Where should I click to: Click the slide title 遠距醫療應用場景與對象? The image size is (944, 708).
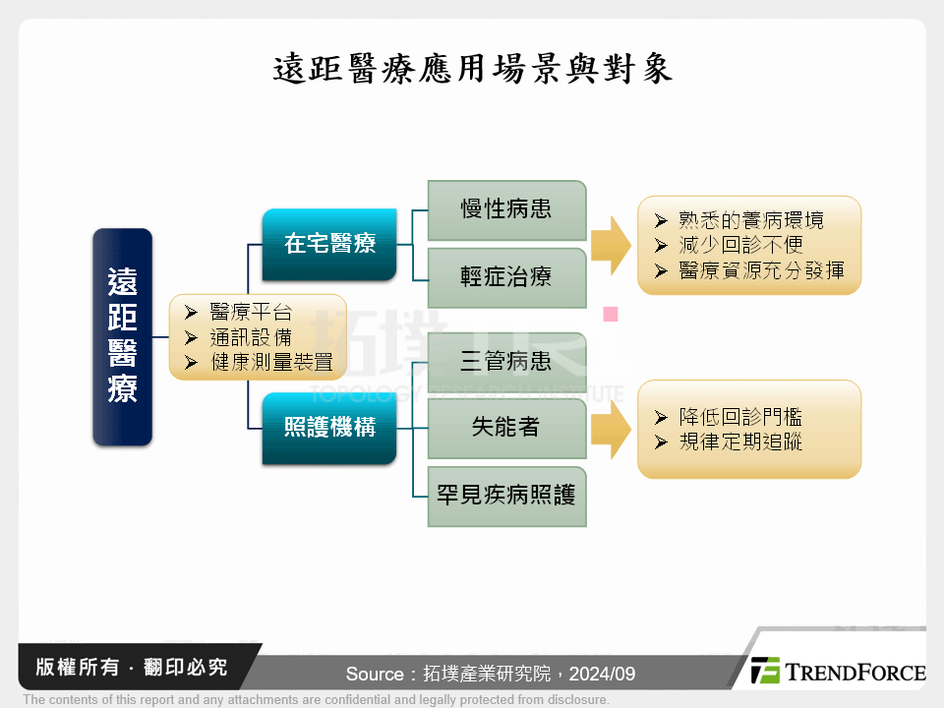[x=472, y=69]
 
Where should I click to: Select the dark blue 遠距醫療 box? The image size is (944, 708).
[x=122, y=336]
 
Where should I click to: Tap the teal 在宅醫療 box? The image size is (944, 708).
[x=329, y=243]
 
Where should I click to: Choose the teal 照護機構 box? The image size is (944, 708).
[x=329, y=428]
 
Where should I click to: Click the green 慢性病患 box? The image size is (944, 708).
[x=506, y=209]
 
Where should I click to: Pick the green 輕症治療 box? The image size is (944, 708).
[x=506, y=277]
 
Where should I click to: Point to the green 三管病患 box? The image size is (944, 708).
[x=506, y=361]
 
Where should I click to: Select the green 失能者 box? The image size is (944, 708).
[x=506, y=428]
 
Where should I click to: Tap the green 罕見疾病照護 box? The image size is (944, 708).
[x=506, y=496]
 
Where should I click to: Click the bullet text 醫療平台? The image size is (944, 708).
[x=251, y=313]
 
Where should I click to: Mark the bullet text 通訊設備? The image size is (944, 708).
[x=251, y=337]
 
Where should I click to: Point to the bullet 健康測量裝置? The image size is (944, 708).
[x=271, y=362]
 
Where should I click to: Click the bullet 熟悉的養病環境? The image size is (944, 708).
[x=751, y=220]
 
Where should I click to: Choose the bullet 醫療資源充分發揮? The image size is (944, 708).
[x=761, y=270]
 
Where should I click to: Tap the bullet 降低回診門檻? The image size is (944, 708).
[x=740, y=417]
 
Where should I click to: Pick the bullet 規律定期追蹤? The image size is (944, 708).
[x=740, y=442]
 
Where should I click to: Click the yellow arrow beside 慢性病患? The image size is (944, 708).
[x=611, y=245]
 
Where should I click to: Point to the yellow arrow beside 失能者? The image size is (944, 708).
[x=611, y=430]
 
